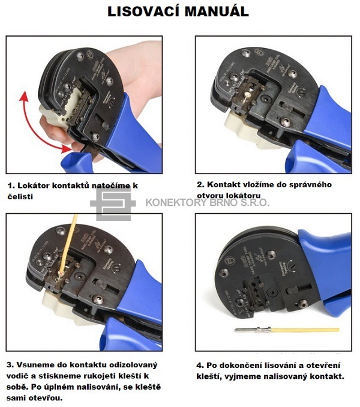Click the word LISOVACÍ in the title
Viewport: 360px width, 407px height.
click(x=143, y=11)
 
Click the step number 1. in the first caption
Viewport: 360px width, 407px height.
click(x=11, y=185)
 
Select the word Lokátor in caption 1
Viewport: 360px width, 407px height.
click(x=34, y=185)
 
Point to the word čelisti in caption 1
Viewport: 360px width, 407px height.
click(x=20, y=196)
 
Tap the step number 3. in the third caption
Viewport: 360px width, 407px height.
click(x=10, y=365)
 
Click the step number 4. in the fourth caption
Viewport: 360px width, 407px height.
click(x=200, y=366)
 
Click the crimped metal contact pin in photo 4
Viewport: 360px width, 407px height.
click(x=253, y=330)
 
